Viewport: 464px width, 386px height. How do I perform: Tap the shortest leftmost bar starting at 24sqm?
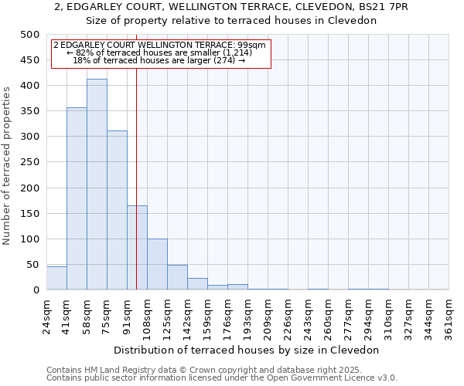(x=56, y=278)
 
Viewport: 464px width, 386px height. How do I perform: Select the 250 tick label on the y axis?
(x=29, y=162)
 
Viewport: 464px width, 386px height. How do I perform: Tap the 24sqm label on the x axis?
(x=47, y=315)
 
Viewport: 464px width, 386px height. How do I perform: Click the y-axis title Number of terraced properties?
(x=8, y=165)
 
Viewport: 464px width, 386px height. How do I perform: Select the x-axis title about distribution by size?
(x=247, y=350)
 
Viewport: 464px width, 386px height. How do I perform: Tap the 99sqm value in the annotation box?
(x=253, y=46)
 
